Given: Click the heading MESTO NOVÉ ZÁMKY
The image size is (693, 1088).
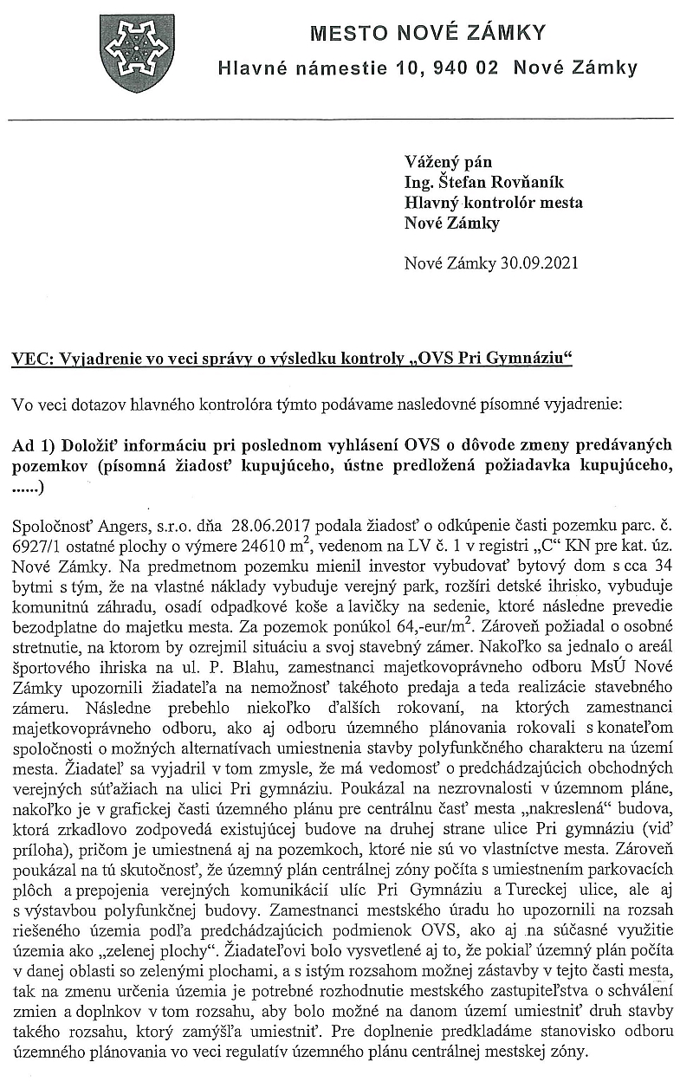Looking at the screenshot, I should [x=428, y=34].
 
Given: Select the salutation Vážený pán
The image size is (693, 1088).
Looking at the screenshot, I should [x=448, y=162].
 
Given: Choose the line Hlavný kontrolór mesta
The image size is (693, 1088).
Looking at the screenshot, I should [x=494, y=203].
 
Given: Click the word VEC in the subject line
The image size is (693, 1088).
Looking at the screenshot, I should [x=29, y=359].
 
